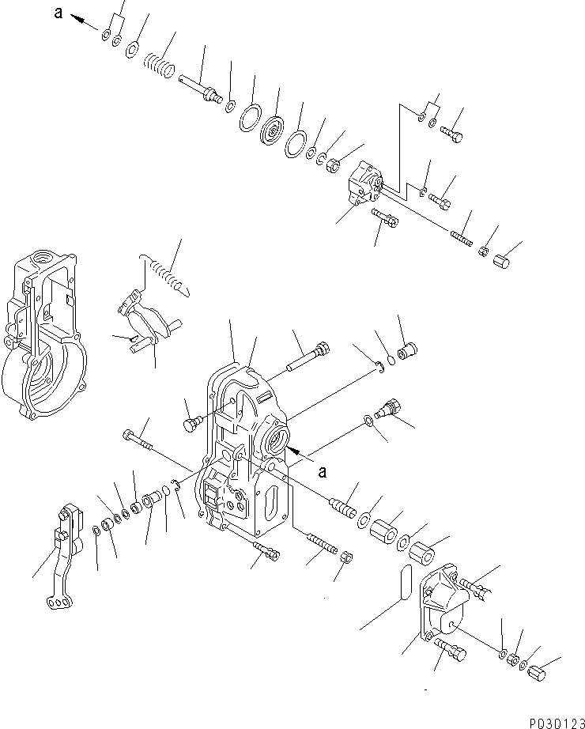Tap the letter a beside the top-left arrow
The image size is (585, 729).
coord(58,12)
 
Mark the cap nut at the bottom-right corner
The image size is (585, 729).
coord(540,675)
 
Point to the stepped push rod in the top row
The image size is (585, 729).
coord(201,89)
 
